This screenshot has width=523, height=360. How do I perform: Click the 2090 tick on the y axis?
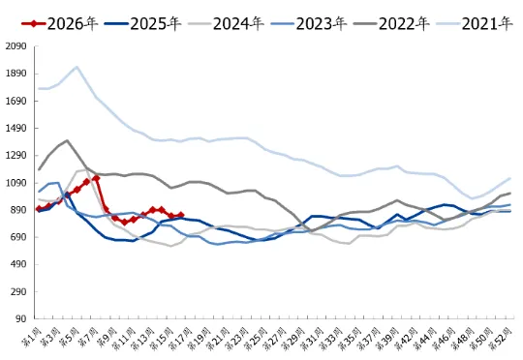coord(15,46)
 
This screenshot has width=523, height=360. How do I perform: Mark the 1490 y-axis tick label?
coord(15,128)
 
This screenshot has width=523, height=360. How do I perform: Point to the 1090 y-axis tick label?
coord(15,182)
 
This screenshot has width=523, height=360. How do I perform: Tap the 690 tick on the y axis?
coord(15,237)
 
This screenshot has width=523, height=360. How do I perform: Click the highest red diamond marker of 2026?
coord(96,178)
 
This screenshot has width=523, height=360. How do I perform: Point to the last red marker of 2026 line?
coord(180,215)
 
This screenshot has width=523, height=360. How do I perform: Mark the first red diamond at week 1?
coord(40,208)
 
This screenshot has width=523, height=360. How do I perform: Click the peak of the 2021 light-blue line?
coord(77,67)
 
